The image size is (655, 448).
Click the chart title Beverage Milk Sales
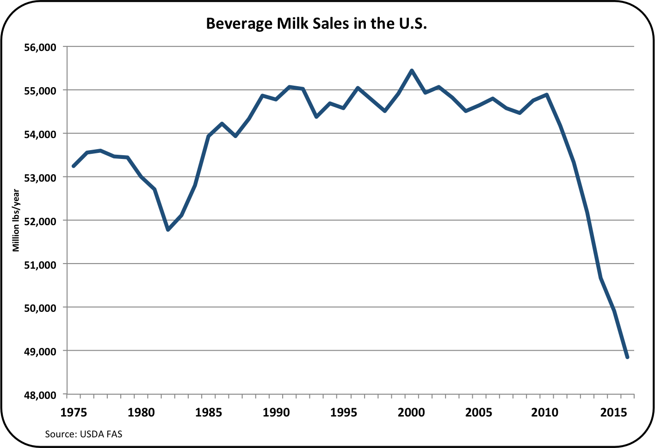point(316,24)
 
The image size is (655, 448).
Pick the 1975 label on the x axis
point(74,412)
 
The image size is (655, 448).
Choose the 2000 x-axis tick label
point(411,412)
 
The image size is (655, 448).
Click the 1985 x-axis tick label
point(209,412)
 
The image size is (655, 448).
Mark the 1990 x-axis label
point(276,412)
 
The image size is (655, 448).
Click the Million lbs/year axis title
point(17,221)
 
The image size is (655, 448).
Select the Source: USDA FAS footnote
point(84,435)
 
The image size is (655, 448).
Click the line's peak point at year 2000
point(412,70)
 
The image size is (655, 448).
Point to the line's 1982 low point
point(168,230)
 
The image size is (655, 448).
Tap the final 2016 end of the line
point(627,357)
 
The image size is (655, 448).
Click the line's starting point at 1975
point(74,166)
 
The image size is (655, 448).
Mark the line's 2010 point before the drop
point(547,95)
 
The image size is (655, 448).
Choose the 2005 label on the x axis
point(479,412)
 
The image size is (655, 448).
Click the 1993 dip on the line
point(316,117)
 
